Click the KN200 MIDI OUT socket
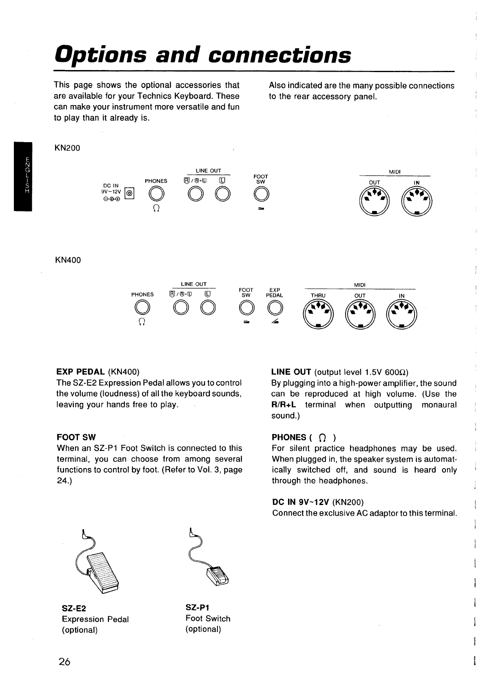pos(375,202)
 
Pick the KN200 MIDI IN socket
pos(417,202)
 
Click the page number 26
pos(64,661)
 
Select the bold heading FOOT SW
pos(76,437)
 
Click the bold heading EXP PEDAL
pos(81,371)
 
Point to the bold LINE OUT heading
pos(291,372)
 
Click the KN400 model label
pos(67,260)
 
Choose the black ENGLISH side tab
pos(22,176)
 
